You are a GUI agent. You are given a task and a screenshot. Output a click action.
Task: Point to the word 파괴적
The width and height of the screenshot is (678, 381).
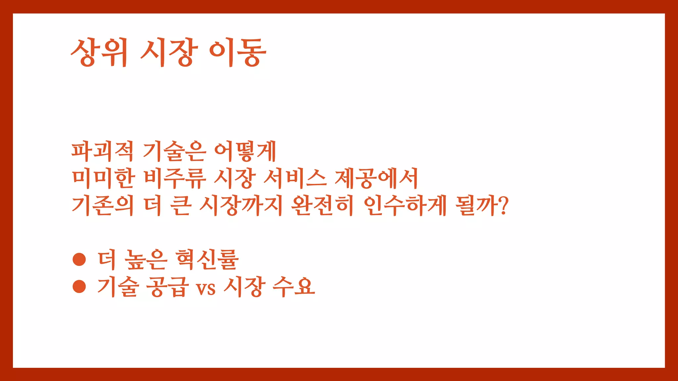click(x=102, y=151)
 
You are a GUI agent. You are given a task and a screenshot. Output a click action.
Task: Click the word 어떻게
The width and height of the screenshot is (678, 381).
click(x=245, y=151)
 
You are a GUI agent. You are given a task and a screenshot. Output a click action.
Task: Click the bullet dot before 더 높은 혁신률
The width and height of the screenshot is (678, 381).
click(x=79, y=259)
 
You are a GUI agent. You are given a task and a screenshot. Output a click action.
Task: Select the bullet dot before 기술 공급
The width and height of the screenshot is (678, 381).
click(x=79, y=286)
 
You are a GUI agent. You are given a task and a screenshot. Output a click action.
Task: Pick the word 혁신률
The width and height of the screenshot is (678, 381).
click(x=207, y=259)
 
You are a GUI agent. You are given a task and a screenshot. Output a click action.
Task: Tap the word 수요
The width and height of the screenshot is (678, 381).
click(x=293, y=286)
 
